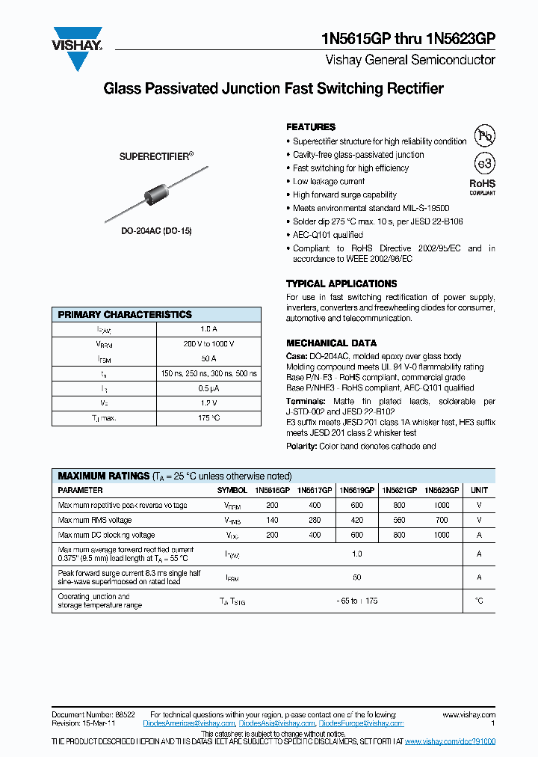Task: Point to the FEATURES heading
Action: (311, 127)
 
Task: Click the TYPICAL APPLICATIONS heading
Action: (341, 284)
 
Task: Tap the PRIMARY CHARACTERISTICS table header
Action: (125, 314)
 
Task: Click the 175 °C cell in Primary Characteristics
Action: (208, 418)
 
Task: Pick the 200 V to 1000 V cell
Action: (208, 344)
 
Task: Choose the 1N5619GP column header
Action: (356, 490)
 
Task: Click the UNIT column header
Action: (479, 490)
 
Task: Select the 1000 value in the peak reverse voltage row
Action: (441, 505)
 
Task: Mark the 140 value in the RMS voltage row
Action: (272, 520)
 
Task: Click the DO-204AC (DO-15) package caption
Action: (156, 231)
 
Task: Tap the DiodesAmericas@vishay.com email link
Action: (193, 723)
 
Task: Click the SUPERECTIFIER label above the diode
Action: (156, 157)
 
